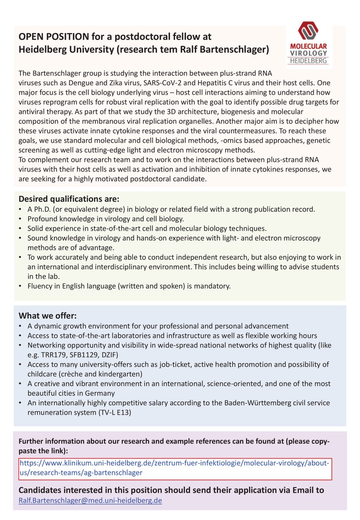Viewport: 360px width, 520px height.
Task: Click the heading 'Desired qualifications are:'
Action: coord(68,199)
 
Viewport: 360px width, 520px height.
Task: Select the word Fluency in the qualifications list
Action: coord(40,286)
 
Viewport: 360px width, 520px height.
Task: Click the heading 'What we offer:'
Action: coord(48,316)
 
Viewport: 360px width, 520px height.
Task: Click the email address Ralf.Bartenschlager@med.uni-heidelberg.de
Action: coord(90,500)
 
